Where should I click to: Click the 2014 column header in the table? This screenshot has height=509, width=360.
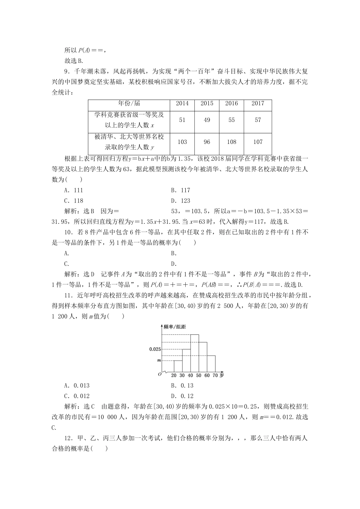[182, 103]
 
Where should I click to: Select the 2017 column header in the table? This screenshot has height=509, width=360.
[258, 103]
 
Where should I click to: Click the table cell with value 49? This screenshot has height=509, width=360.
[207, 120]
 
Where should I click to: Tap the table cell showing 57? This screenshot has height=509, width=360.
[258, 120]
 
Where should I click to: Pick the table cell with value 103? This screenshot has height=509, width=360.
[182, 142]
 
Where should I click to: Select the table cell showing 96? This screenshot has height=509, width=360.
[207, 142]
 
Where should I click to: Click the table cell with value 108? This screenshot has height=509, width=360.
[232, 142]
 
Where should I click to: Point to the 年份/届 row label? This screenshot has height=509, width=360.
[129, 103]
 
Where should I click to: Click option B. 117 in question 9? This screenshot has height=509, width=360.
[180, 190]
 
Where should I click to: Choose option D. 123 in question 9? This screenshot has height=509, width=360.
[180, 201]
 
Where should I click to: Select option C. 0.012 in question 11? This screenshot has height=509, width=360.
[77, 396]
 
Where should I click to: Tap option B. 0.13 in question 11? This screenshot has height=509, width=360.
[182, 386]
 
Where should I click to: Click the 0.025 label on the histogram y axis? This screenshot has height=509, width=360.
[155, 349]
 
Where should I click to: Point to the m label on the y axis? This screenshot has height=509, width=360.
[159, 360]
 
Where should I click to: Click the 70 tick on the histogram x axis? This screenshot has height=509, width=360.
[215, 375]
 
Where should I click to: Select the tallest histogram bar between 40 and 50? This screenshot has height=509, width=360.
[194, 352]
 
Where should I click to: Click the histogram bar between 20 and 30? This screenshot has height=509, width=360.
[178, 366]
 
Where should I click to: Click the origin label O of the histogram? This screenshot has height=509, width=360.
[160, 375]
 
